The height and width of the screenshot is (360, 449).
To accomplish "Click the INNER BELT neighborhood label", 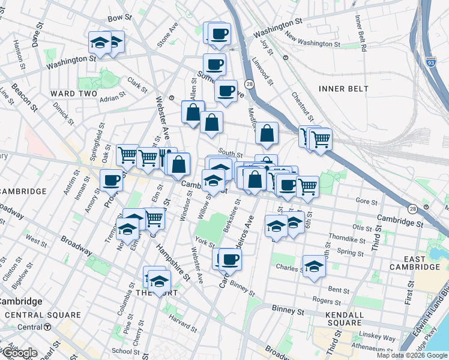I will point(341,89).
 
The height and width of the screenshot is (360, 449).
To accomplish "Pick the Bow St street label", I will point(119,19).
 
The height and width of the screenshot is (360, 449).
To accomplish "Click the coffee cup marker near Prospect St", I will point(111,179).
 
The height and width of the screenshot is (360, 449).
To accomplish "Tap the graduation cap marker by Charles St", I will point(313,267).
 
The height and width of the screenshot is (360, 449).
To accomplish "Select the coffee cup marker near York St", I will point(229,259).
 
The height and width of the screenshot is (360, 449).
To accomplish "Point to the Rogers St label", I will point(327,301).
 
